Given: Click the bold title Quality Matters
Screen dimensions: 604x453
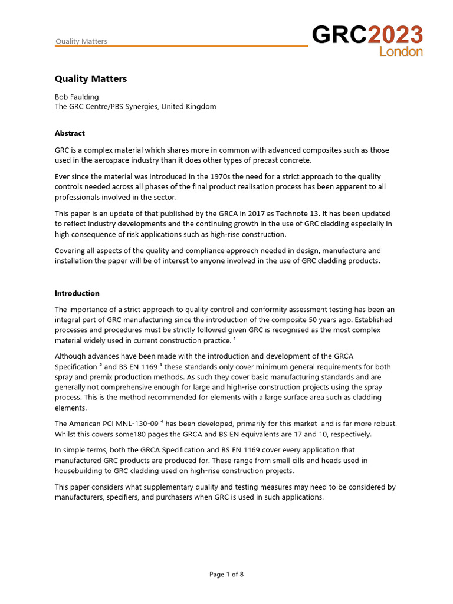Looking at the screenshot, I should click(x=91, y=78).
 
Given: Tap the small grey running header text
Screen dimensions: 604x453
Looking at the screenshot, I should click(x=81, y=41).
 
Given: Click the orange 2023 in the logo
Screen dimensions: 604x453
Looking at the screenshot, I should click(x=395, y=35).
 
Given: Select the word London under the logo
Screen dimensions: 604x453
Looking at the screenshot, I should click(x=401, y=52).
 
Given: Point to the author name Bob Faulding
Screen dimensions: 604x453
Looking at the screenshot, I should click(x=77, y=97).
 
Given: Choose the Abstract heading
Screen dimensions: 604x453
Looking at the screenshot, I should click(x=70, y=133).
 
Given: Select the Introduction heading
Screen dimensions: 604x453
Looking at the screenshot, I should click(x=77, y=293).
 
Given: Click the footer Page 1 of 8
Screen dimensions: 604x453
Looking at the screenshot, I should click(x=226, y=575).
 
